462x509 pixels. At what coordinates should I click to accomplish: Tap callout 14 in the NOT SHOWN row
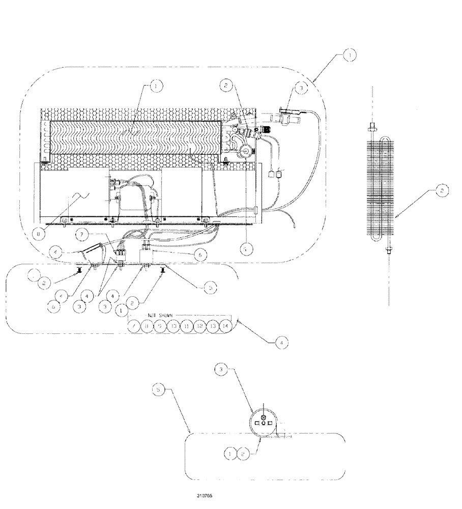(x=226, y=326)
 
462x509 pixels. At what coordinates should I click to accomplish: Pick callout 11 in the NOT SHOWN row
(x=187, y=326)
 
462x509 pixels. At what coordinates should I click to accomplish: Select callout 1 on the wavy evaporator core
(x=155, y=87)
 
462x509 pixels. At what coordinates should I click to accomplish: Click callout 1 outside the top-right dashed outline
(x=349, y=55)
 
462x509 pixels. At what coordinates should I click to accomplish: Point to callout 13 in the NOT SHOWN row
(x=213, y=326)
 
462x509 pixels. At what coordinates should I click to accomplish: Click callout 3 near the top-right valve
(x=301, y=88)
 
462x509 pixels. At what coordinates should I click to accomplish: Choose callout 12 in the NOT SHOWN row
(x=200, y=326)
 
